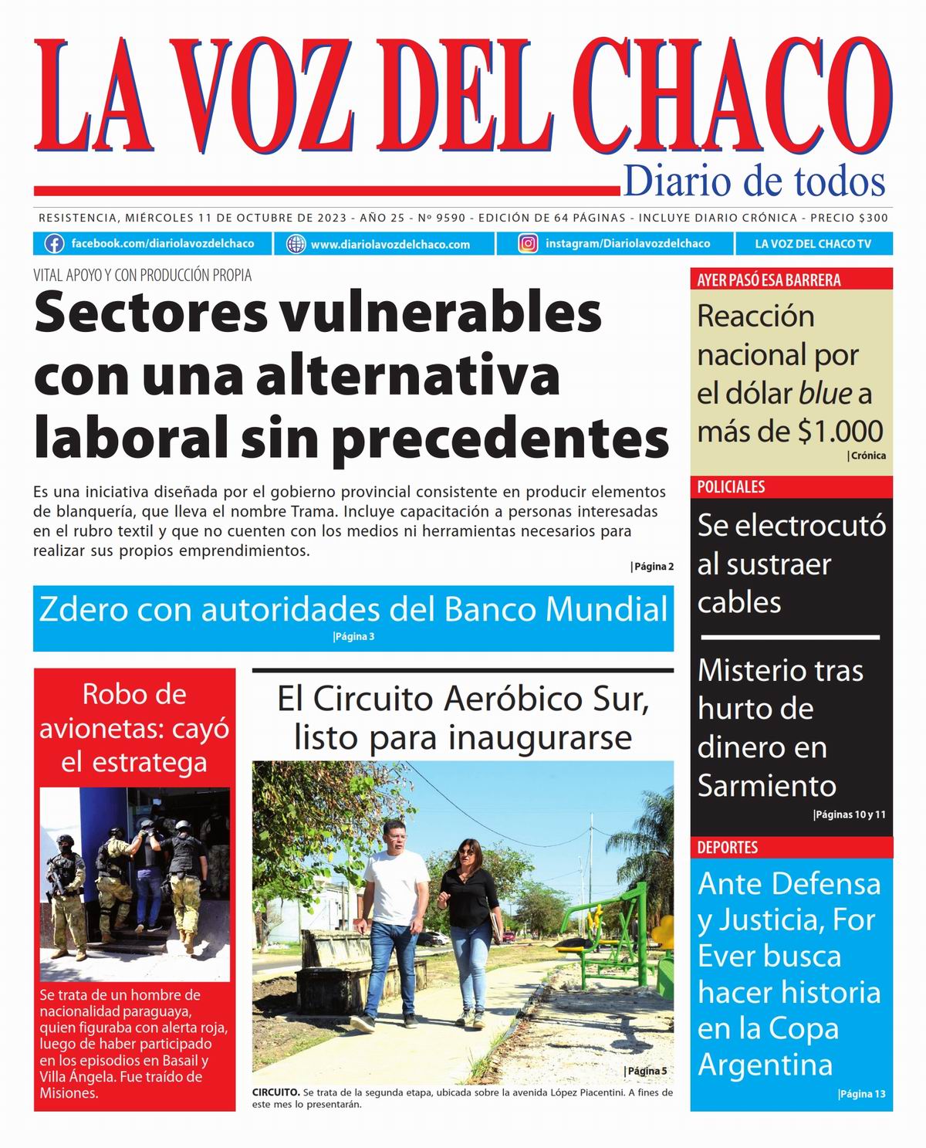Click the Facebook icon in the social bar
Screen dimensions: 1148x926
point(54,244)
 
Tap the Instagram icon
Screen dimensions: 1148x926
point(528,244)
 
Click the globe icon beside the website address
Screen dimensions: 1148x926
point(296,244)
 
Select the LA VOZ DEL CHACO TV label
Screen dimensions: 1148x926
point(813,244)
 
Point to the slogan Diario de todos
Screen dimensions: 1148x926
point(754,181)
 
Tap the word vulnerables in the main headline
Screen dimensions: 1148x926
point(441,313)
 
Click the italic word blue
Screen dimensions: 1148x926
point(825,394)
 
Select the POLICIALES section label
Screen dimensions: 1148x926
point(731,487)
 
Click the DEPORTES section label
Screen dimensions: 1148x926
point(728,848)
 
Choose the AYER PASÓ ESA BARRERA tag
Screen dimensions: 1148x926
point(769,279)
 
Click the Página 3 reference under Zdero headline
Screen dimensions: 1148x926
point(353,637)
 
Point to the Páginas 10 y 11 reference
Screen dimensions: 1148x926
point(850,814)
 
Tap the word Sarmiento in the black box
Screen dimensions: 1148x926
point(766,786)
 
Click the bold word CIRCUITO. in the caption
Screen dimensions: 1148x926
point(275,1092)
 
